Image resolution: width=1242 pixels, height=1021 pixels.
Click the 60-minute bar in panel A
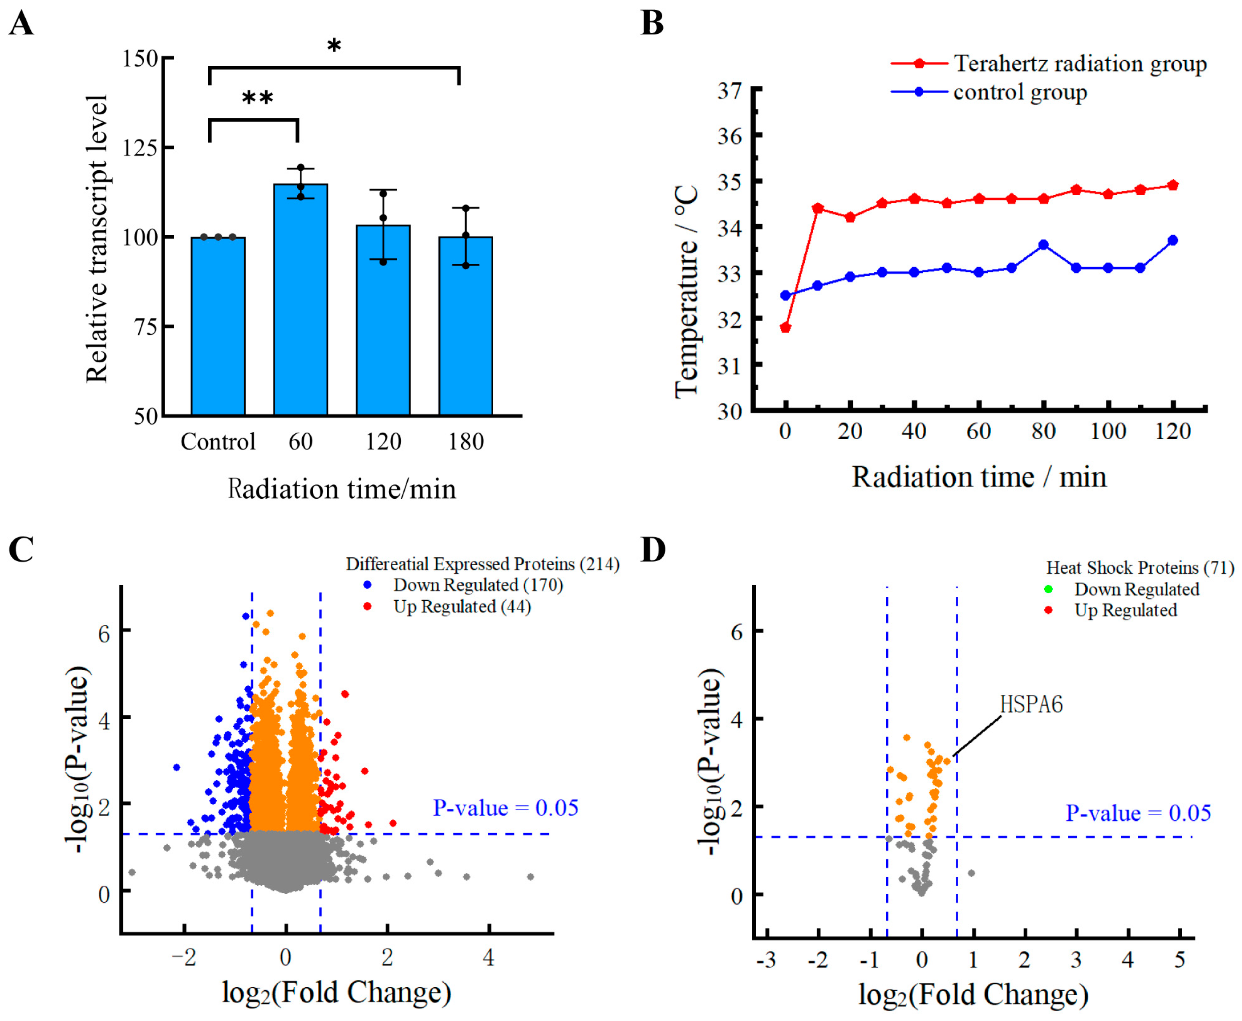(x=301, y=300)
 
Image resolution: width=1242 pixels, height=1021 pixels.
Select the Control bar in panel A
(x=218, y=326)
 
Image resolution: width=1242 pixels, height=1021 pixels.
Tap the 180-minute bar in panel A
(x=466, y=326)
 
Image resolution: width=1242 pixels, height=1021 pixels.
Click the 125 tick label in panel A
(x=140, y=148)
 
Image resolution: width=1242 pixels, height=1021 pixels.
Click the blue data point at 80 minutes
(x=1044, y=245)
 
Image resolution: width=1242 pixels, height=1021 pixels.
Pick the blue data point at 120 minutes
(x=1172, y=240)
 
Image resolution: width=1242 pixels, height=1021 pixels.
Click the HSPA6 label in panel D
(x=1032, y=704)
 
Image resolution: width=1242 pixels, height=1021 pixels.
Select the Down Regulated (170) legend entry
(x=478, y=585)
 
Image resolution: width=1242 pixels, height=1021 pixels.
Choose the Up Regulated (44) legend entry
(x=462, y=606)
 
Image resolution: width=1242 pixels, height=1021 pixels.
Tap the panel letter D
(x=653, y=550)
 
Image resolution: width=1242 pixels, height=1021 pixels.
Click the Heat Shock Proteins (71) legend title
(x=1140, y=567)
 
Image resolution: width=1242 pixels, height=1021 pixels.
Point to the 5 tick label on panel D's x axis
(x=1180, y=960)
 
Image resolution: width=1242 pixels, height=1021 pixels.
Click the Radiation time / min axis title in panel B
(x=979, y=477)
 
